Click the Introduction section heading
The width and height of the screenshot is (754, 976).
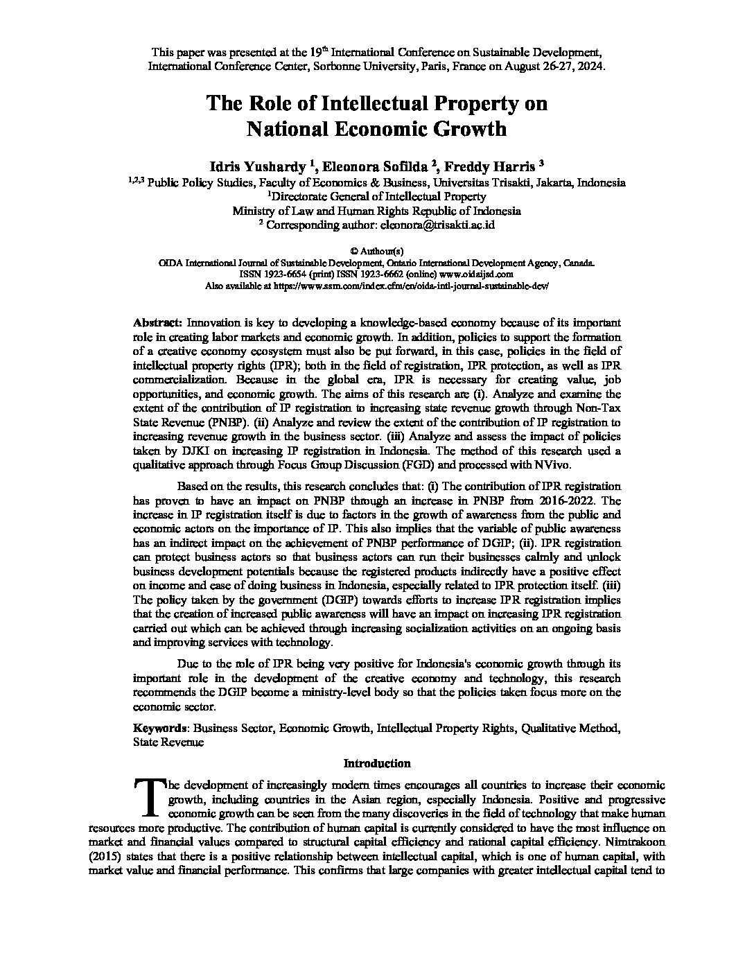(377, 763)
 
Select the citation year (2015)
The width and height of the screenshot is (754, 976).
(105, 856)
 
